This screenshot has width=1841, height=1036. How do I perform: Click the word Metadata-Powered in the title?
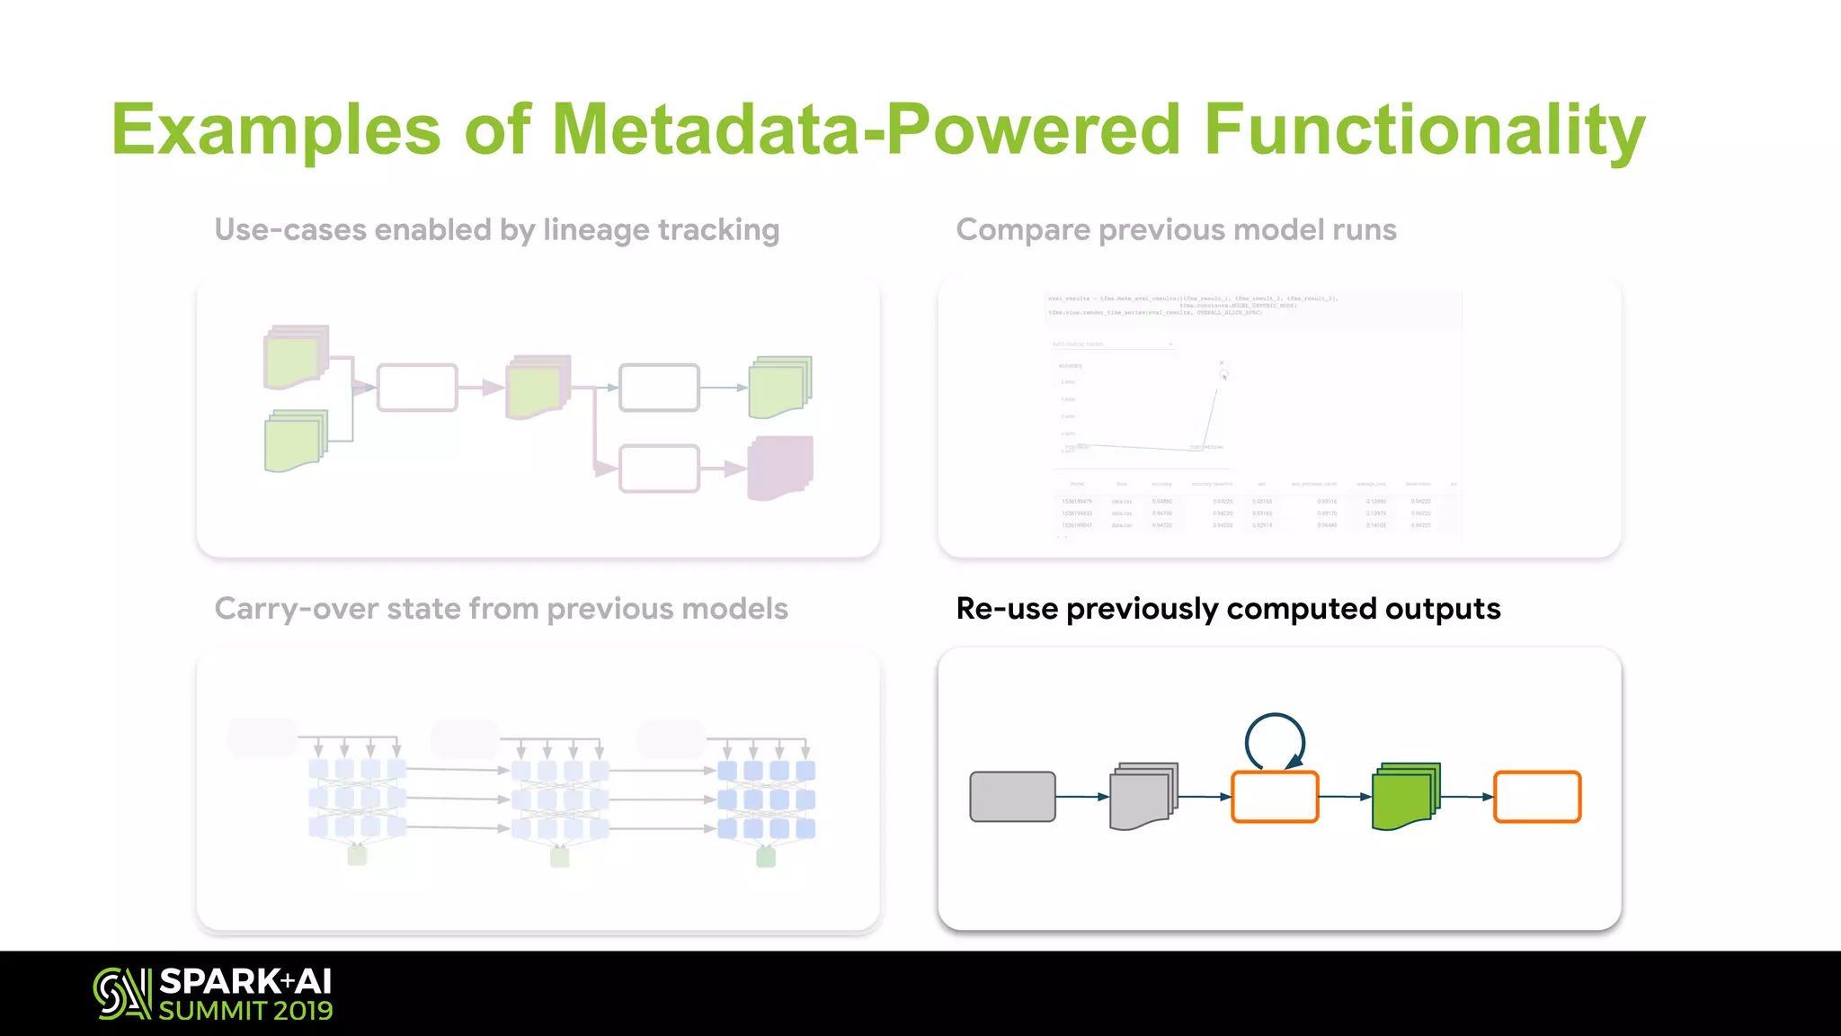coord(865,130)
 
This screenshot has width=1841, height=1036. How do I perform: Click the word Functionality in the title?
coord(1424,130)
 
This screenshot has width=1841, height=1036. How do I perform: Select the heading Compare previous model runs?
coord(1176,230)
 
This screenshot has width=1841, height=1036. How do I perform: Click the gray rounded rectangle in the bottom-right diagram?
coord(1012,797)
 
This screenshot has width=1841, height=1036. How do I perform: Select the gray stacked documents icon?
coord(1143,797)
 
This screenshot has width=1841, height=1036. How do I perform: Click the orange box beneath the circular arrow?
coord(1275,797)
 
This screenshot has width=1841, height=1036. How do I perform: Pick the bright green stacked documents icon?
coord(1405,797)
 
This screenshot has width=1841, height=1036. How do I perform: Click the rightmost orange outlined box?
coord(1536,797)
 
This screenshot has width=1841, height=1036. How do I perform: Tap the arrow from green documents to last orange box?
coord(1466,797)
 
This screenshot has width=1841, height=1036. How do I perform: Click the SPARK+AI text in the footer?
coord(245,981)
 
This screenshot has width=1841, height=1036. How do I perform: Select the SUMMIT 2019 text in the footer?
coord(245,1012)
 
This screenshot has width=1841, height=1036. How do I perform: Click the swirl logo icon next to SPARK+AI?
coord(121,994)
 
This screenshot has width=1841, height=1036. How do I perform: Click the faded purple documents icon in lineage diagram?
coord(779,468)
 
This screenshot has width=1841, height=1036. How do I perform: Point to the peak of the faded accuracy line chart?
coord(1223,374)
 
